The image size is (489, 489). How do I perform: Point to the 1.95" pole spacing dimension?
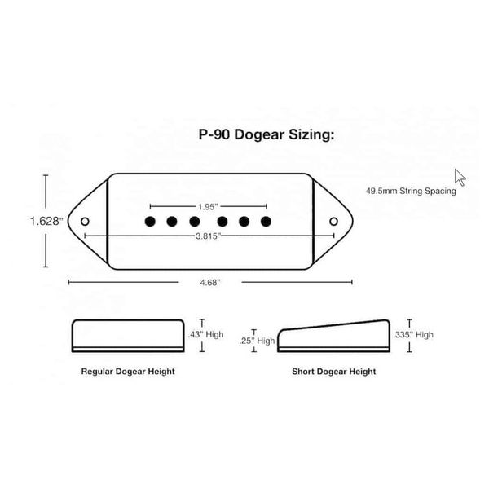(x=209, y=206)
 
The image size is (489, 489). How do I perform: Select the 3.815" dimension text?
(x=209, y=236)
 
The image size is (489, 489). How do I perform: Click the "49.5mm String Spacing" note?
(x=411, y=192)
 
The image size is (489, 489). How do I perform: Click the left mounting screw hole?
(x=85, y=220)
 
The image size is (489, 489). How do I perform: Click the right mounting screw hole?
(x=333, y=221)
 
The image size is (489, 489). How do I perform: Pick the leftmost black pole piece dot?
(x=150, y=221)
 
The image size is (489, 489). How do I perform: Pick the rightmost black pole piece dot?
(x=266, y=221)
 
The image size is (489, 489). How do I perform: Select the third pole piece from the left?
(x=195, y=221)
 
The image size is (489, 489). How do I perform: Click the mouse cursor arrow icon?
(x=460, y=177)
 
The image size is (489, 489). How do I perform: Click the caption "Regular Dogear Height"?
(x=128, y=371)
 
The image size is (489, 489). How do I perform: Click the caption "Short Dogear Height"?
(x=334, y=371)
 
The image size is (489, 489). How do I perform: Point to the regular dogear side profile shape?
(x=128, y=335)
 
